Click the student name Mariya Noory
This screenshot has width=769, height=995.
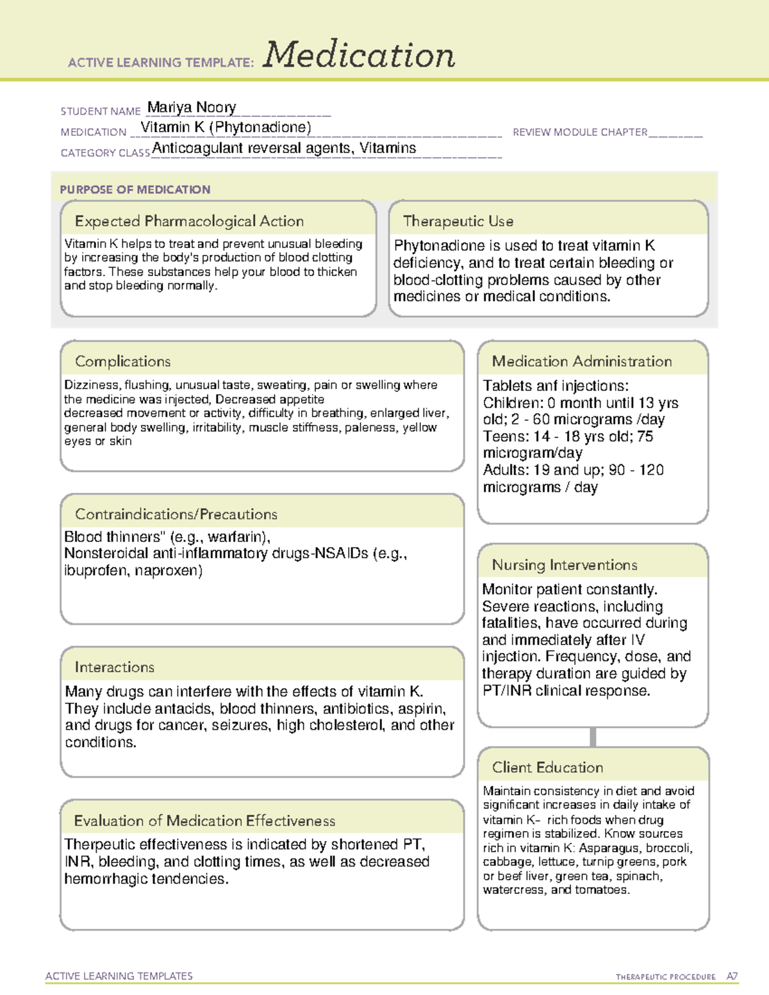pyautogui.click(x=192, y=107)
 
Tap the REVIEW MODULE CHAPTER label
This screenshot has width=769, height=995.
pyautogui.click(x=579, y=132)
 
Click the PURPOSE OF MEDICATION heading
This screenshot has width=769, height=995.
pyautogui.click(x=135, y=190)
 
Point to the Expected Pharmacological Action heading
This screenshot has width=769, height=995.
pyautogui.click(x=189, y=221)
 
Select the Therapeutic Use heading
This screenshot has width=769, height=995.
pyautogui.click(x=458, y=221)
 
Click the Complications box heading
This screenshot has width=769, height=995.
pyautogui.click(x=122, y=361)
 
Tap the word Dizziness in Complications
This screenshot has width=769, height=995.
pyautogui.click(x=92, y=385)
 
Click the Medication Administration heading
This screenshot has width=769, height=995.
pyautogui.click(x=581, y=361)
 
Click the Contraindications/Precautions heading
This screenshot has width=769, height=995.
pyautogui.click(x=176, y=514)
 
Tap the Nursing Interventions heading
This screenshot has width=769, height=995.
pyautogui.click(x=564, y=564)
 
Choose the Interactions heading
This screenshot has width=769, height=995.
pyautogui.click(x=114, y=667)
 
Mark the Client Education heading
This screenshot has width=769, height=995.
pyautogui.click(x=547, y=767)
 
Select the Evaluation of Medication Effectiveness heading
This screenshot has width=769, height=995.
pyautogui.click(x=204, y=821)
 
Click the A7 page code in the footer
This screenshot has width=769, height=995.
pyautogui.click(x=732, y=976)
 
